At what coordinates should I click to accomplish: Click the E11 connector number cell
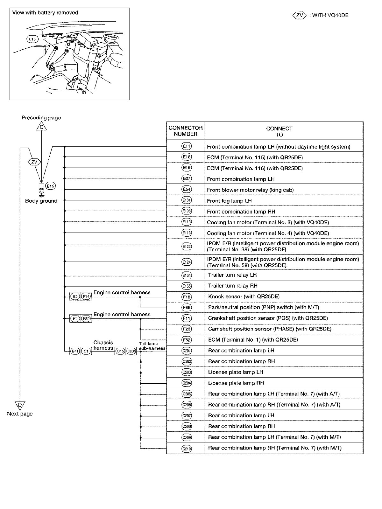(187, 146)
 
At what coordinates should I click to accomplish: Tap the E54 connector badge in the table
(187, 190)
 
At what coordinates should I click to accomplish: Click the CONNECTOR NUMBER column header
(186, 131)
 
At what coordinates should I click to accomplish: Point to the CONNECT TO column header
(279, 131)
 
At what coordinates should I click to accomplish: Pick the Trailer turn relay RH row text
(233, 286)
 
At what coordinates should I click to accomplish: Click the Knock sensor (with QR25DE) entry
(244, 296)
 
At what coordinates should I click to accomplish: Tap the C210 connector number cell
(187, 449)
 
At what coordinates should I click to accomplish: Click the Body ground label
(41, 201)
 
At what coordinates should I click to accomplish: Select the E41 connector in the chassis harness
(75, 351)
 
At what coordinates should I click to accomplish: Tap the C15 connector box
(120, 351)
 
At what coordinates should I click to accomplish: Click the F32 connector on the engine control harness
(86, 318)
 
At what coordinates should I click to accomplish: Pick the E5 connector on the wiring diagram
(75, 296)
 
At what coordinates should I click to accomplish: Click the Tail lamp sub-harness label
(152, 346)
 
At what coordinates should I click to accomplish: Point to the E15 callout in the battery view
(32, 39)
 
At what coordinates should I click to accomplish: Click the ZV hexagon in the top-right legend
(299, 15)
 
